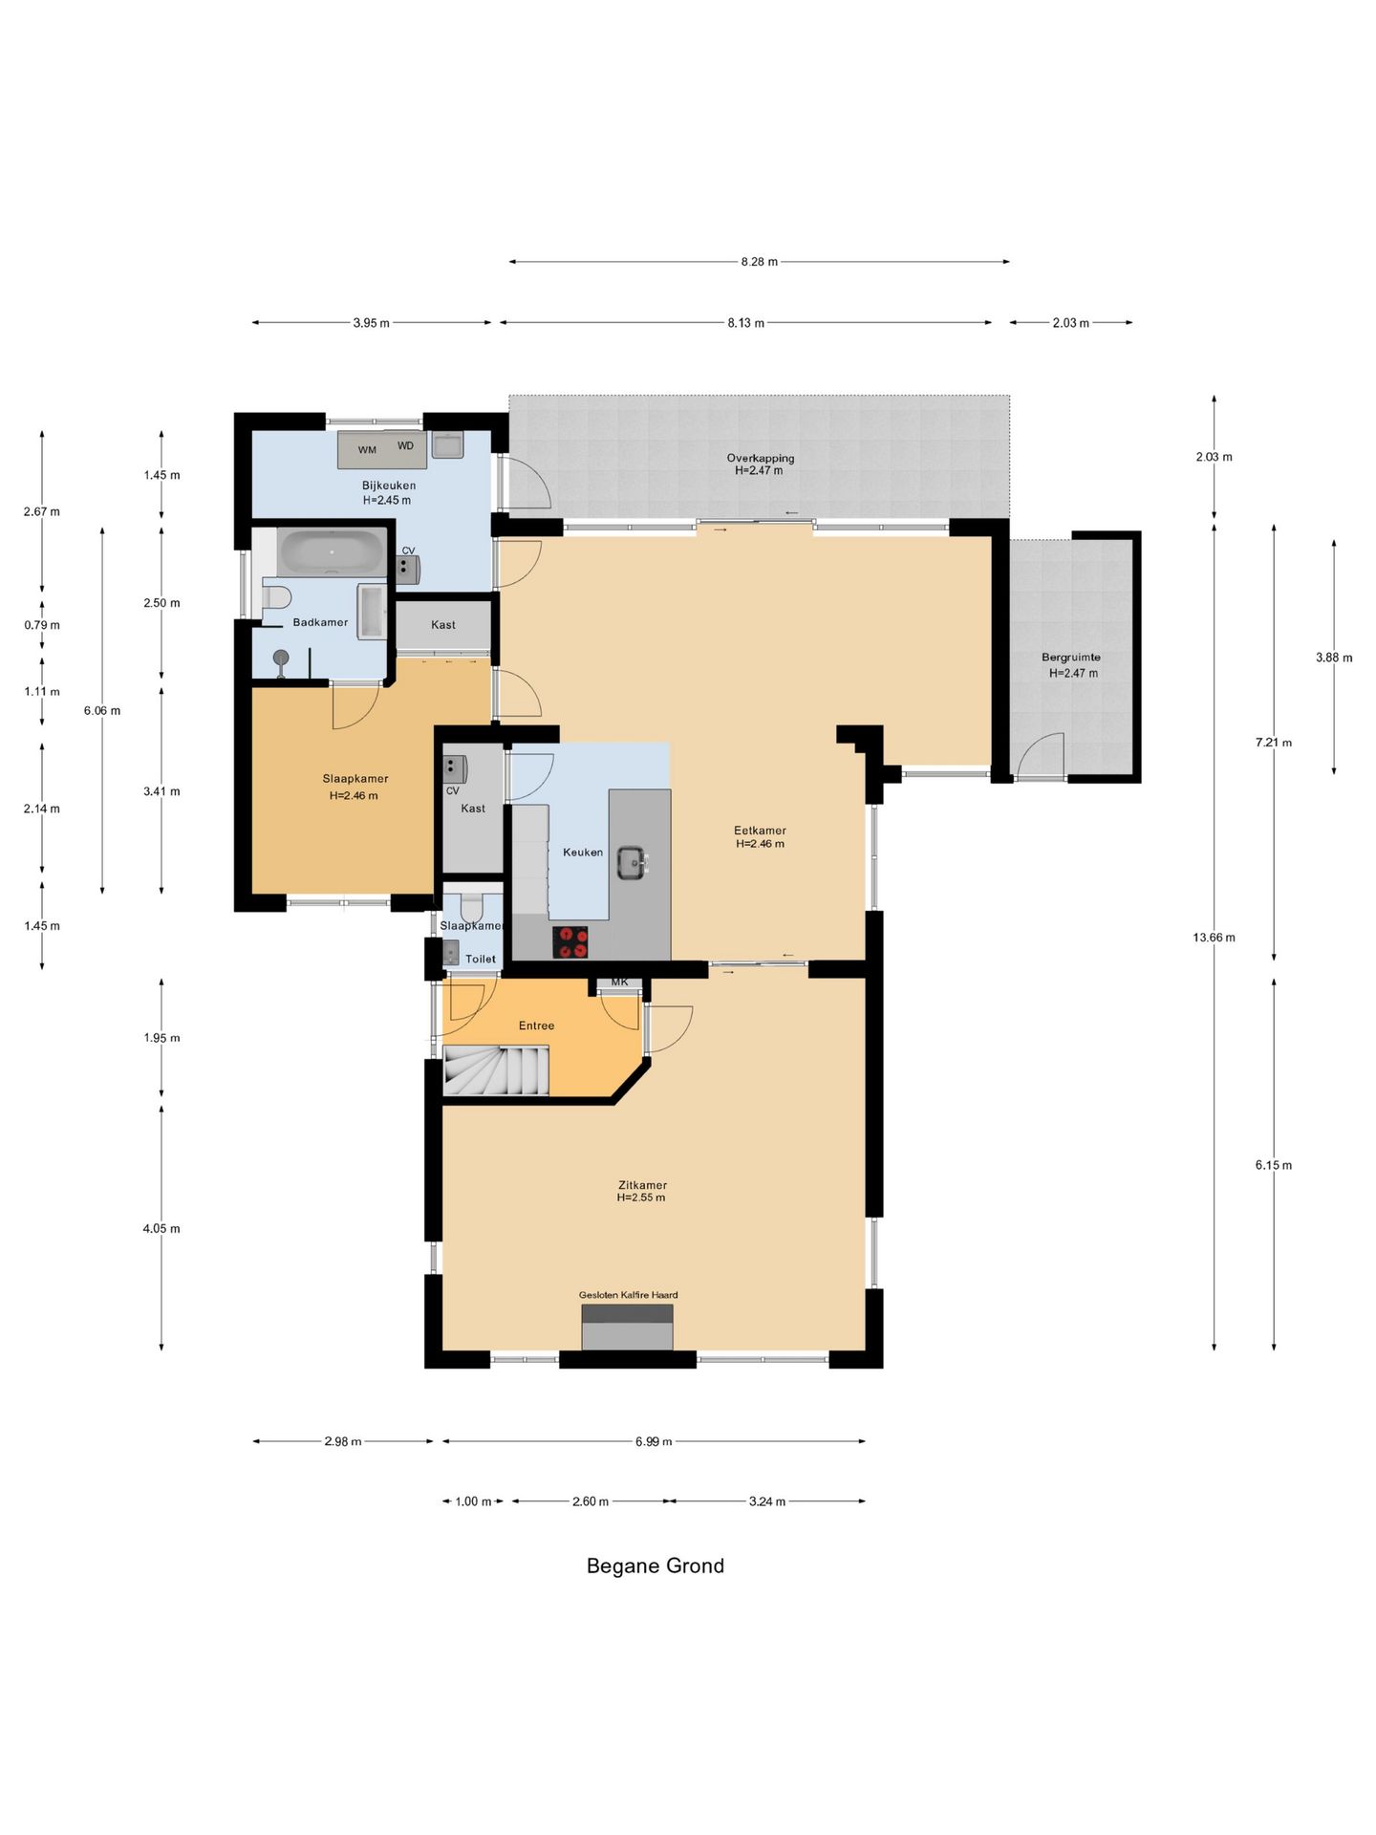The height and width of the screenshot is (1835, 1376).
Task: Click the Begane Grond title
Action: click(x=655, y=1565)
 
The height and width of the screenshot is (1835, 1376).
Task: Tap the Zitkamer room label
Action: click(x=642, y=1185)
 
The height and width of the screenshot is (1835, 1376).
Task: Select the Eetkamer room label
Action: click(x=760, y=831)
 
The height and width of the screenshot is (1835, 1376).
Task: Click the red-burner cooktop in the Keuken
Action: click(x=570, y=942)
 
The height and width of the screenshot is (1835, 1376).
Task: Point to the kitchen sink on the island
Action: click(x=632, y=862)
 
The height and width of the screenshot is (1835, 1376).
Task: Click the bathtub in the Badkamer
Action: click(x=332, y=552)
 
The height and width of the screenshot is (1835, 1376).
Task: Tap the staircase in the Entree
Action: click(x=496, y=1070)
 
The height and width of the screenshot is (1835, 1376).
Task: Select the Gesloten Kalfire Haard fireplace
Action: click(x=627, y=1328)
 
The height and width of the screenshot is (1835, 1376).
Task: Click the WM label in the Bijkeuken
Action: click(x=367, y=450)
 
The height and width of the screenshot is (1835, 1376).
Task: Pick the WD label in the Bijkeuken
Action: click(x=406, y=446)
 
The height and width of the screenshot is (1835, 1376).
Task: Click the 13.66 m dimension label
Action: click(x=1214, y=938)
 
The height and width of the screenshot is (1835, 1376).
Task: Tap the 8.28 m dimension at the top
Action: click(x=759, y=262)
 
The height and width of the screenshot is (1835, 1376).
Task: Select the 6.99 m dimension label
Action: click(x=654, y=1442)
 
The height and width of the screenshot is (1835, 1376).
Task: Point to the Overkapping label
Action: click(x=761, y=458)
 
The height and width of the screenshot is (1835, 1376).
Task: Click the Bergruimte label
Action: click(x=1071, y=658)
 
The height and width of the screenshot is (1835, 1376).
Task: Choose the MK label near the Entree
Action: click(x=620, y=982)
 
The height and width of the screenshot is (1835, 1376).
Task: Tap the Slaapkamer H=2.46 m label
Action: click(x=355, y=788)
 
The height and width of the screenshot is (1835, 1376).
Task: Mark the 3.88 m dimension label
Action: click(x=1334, y=658)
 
